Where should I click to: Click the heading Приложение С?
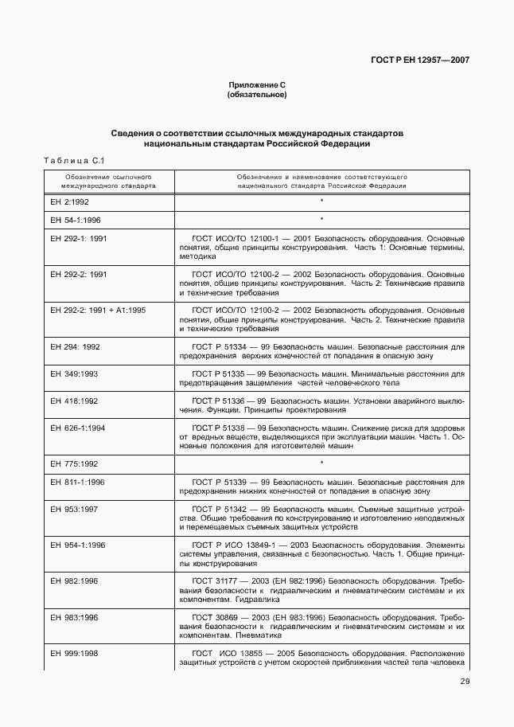257,85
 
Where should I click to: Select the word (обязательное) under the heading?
257,95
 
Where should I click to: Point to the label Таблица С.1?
74,161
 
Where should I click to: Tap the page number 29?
465,680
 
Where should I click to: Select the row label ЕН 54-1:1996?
76,219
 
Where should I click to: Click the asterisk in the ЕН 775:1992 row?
321,463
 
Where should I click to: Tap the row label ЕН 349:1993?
74,373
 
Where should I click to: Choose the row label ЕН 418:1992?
74,401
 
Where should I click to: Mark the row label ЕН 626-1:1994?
78,428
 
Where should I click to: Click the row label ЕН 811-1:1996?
78,482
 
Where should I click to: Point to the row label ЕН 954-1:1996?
78,545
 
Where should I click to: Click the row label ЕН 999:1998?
74,653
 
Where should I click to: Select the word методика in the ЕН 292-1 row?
197,256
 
